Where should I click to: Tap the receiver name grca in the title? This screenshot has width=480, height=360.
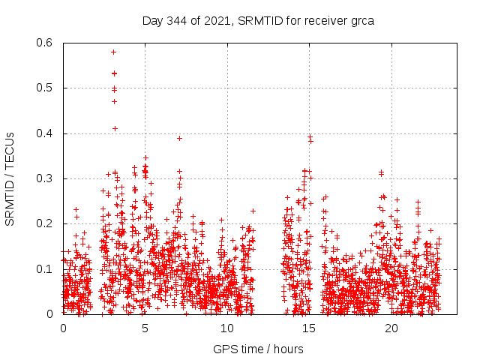click(360, 20)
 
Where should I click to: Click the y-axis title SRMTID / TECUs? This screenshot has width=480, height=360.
click(10, 178)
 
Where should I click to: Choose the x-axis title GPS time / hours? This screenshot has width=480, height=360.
click(258, 349)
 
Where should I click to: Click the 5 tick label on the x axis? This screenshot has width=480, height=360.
click(145, 328)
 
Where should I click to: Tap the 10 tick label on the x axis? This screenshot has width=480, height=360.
click(227, 328)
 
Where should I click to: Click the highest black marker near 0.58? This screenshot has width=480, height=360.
click(113, 52)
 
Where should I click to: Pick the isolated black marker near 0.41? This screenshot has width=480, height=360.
click(115, 128)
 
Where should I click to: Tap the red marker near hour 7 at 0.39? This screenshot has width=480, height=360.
click(179, 138)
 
